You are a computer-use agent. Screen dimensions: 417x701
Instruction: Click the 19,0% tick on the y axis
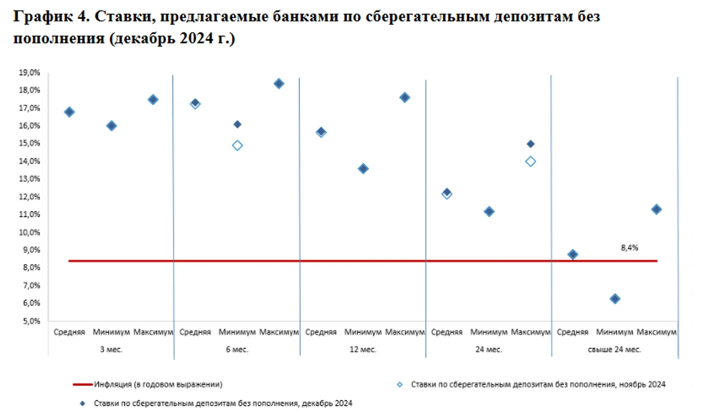coord(29,73)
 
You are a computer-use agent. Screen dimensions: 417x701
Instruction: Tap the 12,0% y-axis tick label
coord(29,197)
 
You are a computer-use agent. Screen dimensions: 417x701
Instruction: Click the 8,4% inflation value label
coord(629,248)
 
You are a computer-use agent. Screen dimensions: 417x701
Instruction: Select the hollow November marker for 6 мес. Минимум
coord(237,145)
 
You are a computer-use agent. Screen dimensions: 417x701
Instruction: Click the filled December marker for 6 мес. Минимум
coord(237,124)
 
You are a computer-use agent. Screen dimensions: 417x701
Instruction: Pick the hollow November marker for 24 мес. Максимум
coord(530,162)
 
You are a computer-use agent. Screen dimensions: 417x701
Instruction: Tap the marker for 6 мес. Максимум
coord(279,84)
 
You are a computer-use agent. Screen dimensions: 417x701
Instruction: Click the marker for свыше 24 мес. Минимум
coord(615,299)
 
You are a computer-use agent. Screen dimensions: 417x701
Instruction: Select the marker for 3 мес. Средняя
coord(69,112)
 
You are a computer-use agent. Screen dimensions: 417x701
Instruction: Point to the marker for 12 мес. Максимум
coord(405,98)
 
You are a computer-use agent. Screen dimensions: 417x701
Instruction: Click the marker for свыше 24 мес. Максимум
coord(657,209)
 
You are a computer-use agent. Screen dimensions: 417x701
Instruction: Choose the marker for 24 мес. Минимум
coord(489,212)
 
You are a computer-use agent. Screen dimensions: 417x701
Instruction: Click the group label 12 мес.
coord(362,350)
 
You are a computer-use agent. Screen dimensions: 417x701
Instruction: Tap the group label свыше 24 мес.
coord(614,350)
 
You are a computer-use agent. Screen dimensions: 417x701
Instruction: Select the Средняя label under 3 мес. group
coord(69,332)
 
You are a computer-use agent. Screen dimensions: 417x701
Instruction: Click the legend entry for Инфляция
coord(158,384)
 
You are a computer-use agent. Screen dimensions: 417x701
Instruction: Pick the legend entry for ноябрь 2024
coord(537,384)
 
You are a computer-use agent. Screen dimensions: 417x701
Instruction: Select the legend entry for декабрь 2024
coord(223,404)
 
